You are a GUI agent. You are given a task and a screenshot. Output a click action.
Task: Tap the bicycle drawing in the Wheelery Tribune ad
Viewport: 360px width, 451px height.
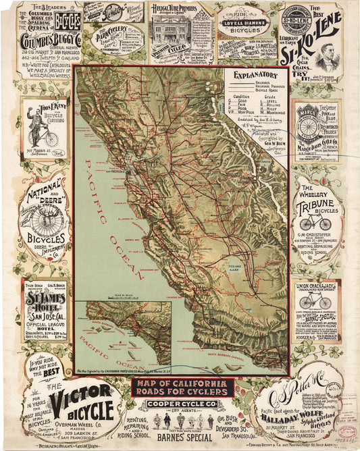click(x=315, y=223)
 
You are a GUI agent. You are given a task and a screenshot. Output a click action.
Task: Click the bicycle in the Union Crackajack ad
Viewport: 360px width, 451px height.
click(x=315, y=300)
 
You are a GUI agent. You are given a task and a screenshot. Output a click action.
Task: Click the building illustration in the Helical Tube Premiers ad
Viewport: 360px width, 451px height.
click(x=170, y=30)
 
